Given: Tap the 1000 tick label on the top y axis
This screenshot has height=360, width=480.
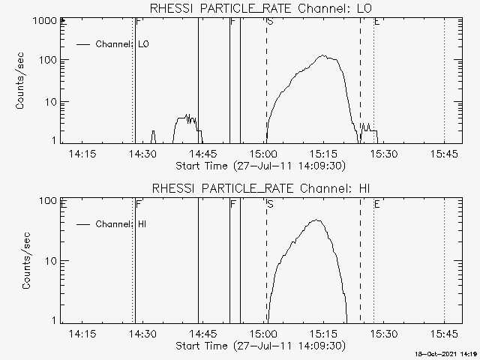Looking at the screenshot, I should pyautogui.click(x=44, y=21).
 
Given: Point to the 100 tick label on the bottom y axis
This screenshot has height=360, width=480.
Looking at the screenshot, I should pyautogui.click(x=48, y=201).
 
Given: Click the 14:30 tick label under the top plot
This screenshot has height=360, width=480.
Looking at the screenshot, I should pyautogui.click(x=142, y=154).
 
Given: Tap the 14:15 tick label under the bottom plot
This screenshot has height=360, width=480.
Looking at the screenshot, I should pyautogui.click(x=82, y=334).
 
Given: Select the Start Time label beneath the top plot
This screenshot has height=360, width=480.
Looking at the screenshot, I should pyautogui.click(x=259, y=166).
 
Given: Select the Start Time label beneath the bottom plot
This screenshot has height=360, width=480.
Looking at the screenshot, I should pyautogui.click(x=259, y=346).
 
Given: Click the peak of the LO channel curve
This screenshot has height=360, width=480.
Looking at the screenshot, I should pyautogui.click(x=323, y=55).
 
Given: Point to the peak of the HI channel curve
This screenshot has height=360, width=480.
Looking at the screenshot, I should pyautogui.click(x=317, y=220).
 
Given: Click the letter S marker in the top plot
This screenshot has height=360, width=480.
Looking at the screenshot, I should pyautogui.click(x=270, y=22).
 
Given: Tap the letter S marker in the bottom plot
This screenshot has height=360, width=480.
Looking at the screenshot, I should pyautogui.click(x=270, y=203).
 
